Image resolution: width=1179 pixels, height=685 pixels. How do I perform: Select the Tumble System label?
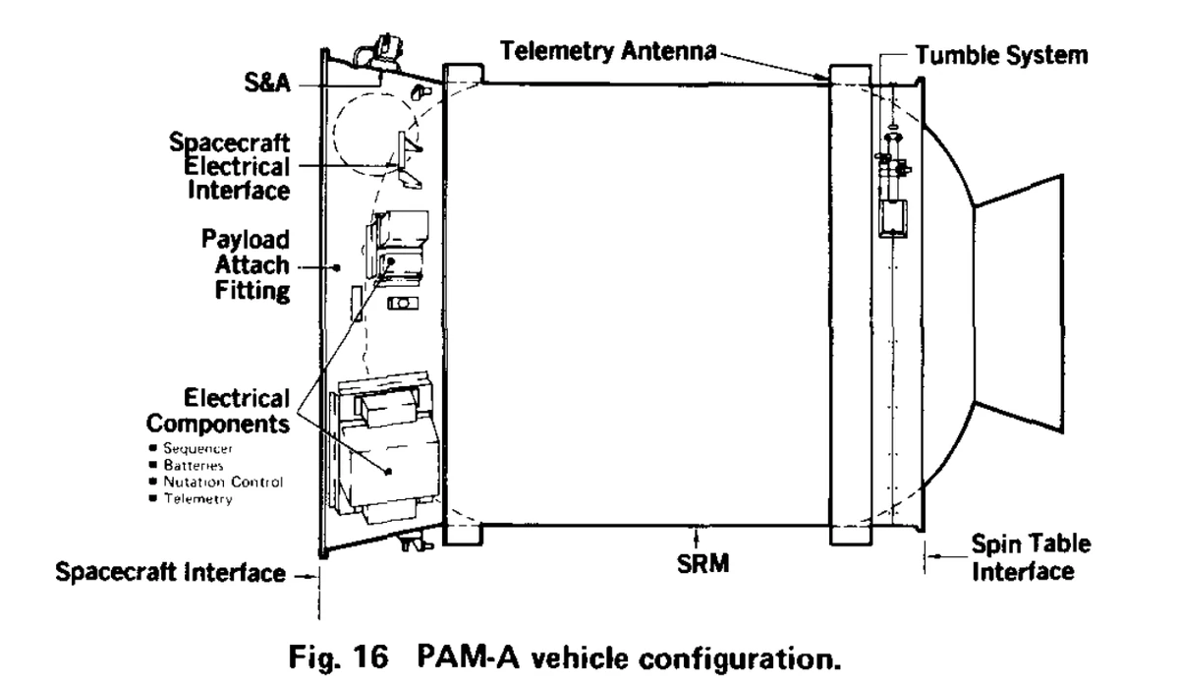pyautogui.click(x=1000, y=55)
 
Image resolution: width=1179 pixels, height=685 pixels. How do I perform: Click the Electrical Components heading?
pyautogui.click(x=228, y=412)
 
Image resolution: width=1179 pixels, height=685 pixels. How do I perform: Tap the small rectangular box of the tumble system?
pyautogui.click(x=893, y=219)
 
